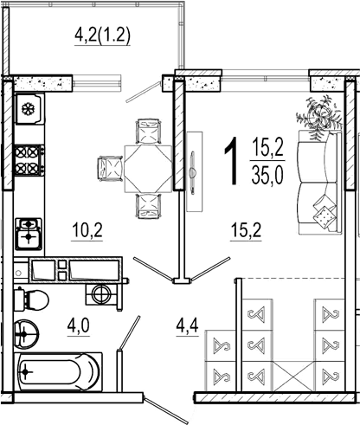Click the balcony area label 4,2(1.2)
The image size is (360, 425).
pos(102,36)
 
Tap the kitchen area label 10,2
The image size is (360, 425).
pos(87,230)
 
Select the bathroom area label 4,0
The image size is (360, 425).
pos(78,325)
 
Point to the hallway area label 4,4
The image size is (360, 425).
pos(188,325)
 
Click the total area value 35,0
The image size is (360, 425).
pos(267,176)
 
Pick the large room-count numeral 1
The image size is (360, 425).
pos(232,161)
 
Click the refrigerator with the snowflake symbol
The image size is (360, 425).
pos(29,109)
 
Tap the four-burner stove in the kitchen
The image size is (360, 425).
pos(29,160)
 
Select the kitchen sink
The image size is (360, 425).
pos(29,234)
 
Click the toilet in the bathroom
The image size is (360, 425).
pos(31,300)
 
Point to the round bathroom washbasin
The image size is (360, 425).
pos(26,334)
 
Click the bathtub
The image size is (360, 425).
pos(58,372)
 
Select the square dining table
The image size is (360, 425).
pos(148,169)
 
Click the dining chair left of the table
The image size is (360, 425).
pos(111,169)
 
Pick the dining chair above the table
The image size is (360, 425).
pos(148,132)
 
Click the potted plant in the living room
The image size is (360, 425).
pos(319,118)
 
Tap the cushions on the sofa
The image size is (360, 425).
pos(325,211)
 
